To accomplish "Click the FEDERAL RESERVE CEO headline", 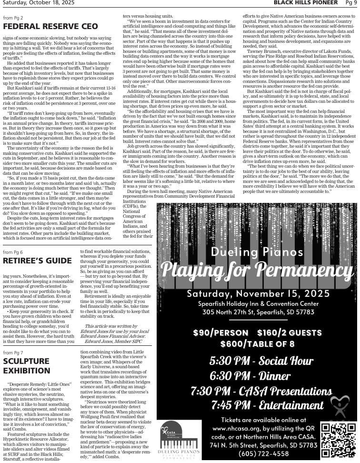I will coord(50,26).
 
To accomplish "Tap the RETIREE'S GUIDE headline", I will coord(37,261).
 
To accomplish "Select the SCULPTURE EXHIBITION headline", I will coord(26,366).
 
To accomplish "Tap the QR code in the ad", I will coord(338,440).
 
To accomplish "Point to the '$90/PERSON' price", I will coord(220,332).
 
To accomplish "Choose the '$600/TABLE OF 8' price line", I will coord(258,343).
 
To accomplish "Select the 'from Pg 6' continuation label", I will coord(13,252).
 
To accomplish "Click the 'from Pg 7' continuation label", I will coord(13,352).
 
